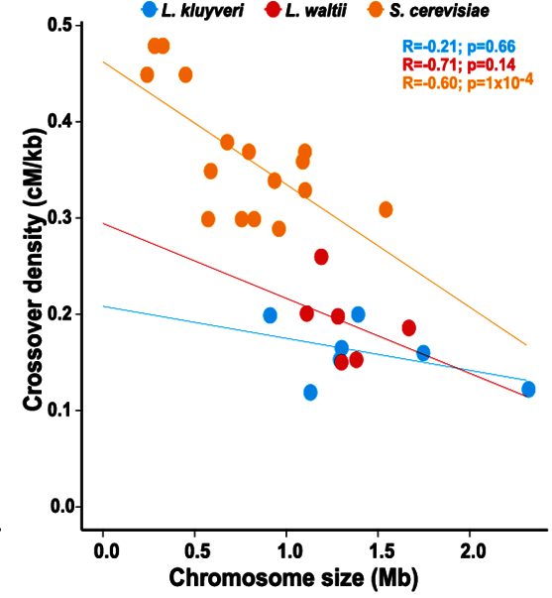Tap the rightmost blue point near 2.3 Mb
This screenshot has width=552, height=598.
(x=528, y=389)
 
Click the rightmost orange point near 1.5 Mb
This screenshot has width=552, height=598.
(x=386, y=209)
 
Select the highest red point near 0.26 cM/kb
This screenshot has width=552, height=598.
(x=321, y=257)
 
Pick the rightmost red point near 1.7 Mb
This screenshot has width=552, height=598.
(x=408, y=327)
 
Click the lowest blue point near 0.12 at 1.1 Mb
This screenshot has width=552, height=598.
(x=310, y=392)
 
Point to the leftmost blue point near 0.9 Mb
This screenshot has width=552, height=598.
(x=270, y=315)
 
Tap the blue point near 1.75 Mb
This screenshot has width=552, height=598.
(x=423, y=352)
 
